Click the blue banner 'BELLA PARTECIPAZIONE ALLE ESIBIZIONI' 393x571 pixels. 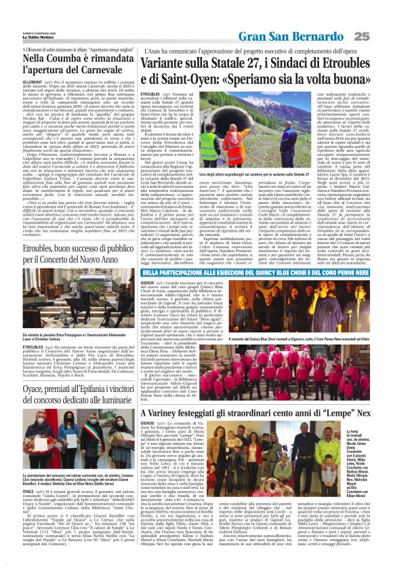[x=257, y=256]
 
